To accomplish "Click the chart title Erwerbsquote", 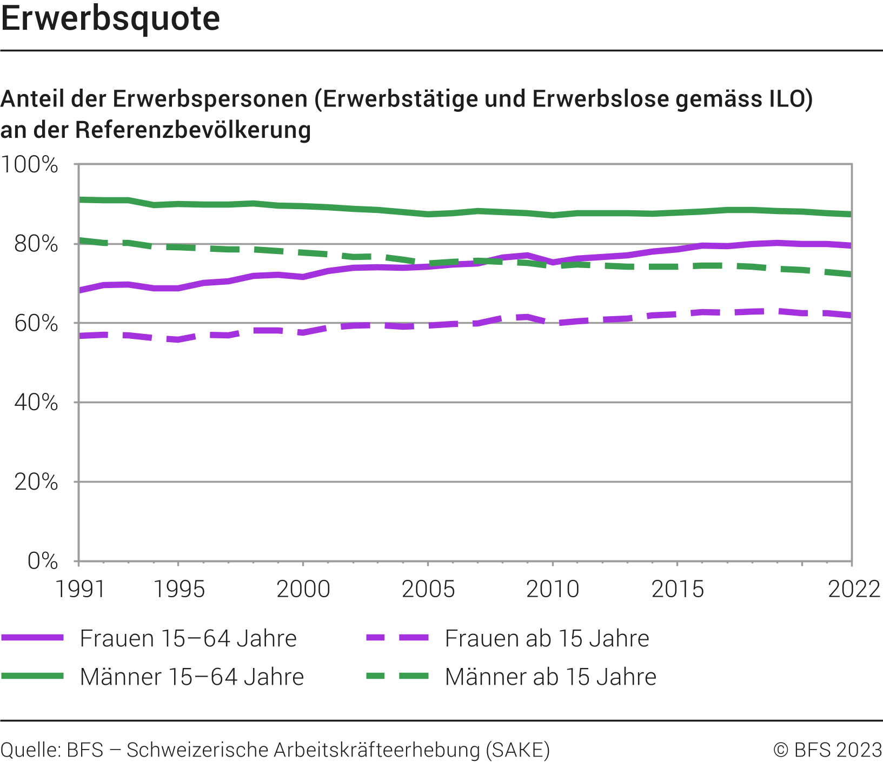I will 111,19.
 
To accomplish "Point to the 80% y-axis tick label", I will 36,244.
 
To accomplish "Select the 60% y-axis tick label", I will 36,324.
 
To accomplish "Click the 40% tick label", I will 36,403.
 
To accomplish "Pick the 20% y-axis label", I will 36,482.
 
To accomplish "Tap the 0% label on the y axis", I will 42,561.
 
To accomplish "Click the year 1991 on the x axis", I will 80,589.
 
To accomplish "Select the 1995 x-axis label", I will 179,589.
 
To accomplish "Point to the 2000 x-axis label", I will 303,589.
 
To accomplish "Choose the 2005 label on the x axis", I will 428,589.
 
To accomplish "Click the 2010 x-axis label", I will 553,589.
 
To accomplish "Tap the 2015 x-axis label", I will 678,589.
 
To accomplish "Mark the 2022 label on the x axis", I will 854,589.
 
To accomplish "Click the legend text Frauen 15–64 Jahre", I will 188,639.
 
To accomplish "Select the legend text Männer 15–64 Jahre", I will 192,677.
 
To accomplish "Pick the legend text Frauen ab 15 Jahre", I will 547,639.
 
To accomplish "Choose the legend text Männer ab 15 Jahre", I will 550,677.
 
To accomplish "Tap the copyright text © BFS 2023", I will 827,750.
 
